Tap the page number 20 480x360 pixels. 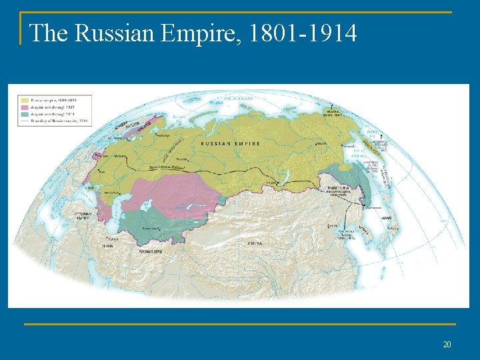[447, 344]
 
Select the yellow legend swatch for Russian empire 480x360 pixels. [24, 100]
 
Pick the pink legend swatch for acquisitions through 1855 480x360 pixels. [24, 107]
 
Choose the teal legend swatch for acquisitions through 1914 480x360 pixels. [24, 114]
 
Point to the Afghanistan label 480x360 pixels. [149, 251]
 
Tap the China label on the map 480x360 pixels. [255, 243]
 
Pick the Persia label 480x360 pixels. [107, 245]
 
